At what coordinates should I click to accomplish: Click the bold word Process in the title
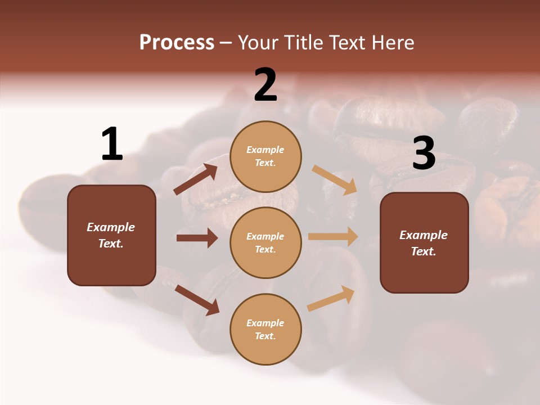[177, 42]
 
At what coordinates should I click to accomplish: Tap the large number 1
[112, 144]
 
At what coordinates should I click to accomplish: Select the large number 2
[265, 85]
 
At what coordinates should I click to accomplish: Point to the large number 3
[424, 153]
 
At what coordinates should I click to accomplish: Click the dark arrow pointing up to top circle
[196, 179]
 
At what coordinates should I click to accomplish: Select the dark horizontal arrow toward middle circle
[197, 238]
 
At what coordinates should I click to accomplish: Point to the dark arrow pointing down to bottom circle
[197, 300]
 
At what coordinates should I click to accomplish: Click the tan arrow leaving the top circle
[334, 180]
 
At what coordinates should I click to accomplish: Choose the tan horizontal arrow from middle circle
[333, 236]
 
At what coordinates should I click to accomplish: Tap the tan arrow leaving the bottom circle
[331, 299]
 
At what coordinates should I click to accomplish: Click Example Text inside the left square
[111, 235]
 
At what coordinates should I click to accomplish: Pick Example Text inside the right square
[424, 243]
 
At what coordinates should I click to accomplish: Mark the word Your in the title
[258, 42]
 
